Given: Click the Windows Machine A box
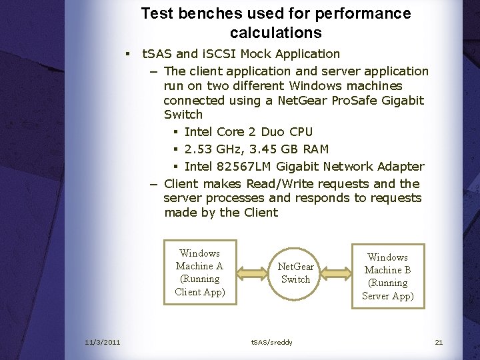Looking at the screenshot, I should [200, 272].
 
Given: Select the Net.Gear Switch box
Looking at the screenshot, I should [295, 273].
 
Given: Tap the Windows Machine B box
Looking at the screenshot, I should [388, 276].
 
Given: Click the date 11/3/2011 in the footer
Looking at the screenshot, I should [103, 342].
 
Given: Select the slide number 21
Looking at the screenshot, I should [439, 342].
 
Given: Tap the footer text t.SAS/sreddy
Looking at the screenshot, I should [271, 342].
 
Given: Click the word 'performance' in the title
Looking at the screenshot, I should [360, 13].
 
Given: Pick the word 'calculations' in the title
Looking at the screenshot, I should [275, 32].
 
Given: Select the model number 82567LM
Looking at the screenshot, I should [247, 166].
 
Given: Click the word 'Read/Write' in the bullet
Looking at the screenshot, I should [281, 183].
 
